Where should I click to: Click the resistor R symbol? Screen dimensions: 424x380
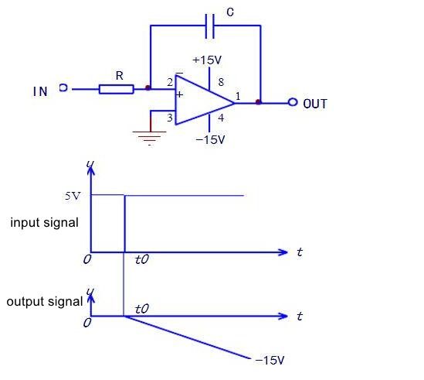coord(117,89)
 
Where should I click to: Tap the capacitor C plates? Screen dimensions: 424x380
coord(209,26)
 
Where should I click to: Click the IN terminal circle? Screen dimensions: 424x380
coord(63,87)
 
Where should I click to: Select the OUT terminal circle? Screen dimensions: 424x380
coord(293,102)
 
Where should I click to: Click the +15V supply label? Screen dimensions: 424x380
coord(207,60)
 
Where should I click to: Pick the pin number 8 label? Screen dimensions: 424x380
coord(221,82)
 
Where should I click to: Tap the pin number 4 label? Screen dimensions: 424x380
coord(221,118)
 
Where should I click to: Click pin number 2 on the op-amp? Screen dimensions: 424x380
coord(170,82)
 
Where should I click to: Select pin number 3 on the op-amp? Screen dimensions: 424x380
coord(170,118)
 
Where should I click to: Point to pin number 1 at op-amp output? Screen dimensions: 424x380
coord(238,96)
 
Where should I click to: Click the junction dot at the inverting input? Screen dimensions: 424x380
coord(148,87)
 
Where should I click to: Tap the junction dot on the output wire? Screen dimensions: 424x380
coord(258,102)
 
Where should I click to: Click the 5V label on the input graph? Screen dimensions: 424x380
coord(73,196)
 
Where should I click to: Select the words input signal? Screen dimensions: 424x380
coord(44,223)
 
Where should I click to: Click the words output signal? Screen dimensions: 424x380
coord(45,301)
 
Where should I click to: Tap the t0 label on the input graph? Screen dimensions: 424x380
coord(142,259)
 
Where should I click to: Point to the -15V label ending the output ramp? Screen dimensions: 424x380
coord(270,360)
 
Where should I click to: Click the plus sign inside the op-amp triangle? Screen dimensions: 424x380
coord(179,94)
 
